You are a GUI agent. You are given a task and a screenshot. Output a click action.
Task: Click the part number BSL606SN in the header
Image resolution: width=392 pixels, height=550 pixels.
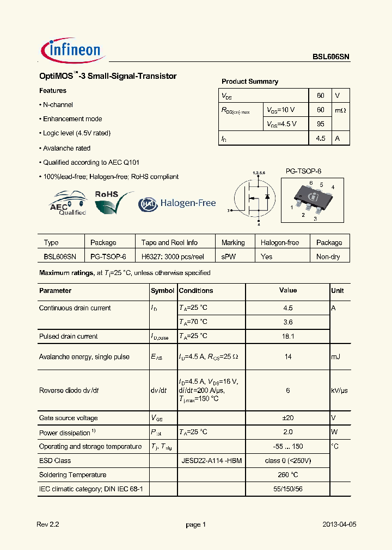point(330,57)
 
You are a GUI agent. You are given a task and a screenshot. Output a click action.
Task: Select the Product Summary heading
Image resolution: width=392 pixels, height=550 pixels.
point(249,82)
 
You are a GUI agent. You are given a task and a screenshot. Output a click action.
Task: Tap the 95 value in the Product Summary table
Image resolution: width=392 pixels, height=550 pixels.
point(320,124)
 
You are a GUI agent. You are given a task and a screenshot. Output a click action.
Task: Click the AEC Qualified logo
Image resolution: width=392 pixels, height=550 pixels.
point(68,203)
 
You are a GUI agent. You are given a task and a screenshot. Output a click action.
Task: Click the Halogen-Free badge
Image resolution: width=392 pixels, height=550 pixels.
point(177,203)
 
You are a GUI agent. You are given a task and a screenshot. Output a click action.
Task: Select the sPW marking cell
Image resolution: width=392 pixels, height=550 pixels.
point(229,257)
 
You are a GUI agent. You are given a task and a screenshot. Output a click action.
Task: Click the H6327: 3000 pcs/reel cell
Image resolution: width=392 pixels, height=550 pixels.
point(173,257)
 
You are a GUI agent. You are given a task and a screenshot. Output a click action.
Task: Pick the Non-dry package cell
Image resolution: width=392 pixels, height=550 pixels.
point(328,257)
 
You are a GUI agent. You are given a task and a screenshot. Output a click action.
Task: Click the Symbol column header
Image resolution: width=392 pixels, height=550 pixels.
point(162,291)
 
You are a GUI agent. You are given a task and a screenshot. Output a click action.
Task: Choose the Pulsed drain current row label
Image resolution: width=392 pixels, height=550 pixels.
point(68,336)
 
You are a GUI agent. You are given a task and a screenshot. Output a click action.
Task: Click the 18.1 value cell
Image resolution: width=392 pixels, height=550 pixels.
point(288,336)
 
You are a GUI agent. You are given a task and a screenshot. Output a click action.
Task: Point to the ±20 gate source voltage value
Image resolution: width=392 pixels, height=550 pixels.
point(288,418)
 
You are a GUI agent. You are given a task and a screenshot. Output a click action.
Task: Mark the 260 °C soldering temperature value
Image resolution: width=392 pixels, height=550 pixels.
point(288,474)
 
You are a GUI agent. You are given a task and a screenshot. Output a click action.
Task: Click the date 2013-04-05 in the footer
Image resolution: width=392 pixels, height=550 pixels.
point(339,524)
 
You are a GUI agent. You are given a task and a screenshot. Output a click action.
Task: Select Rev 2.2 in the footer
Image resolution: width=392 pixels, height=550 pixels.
point(47,524)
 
